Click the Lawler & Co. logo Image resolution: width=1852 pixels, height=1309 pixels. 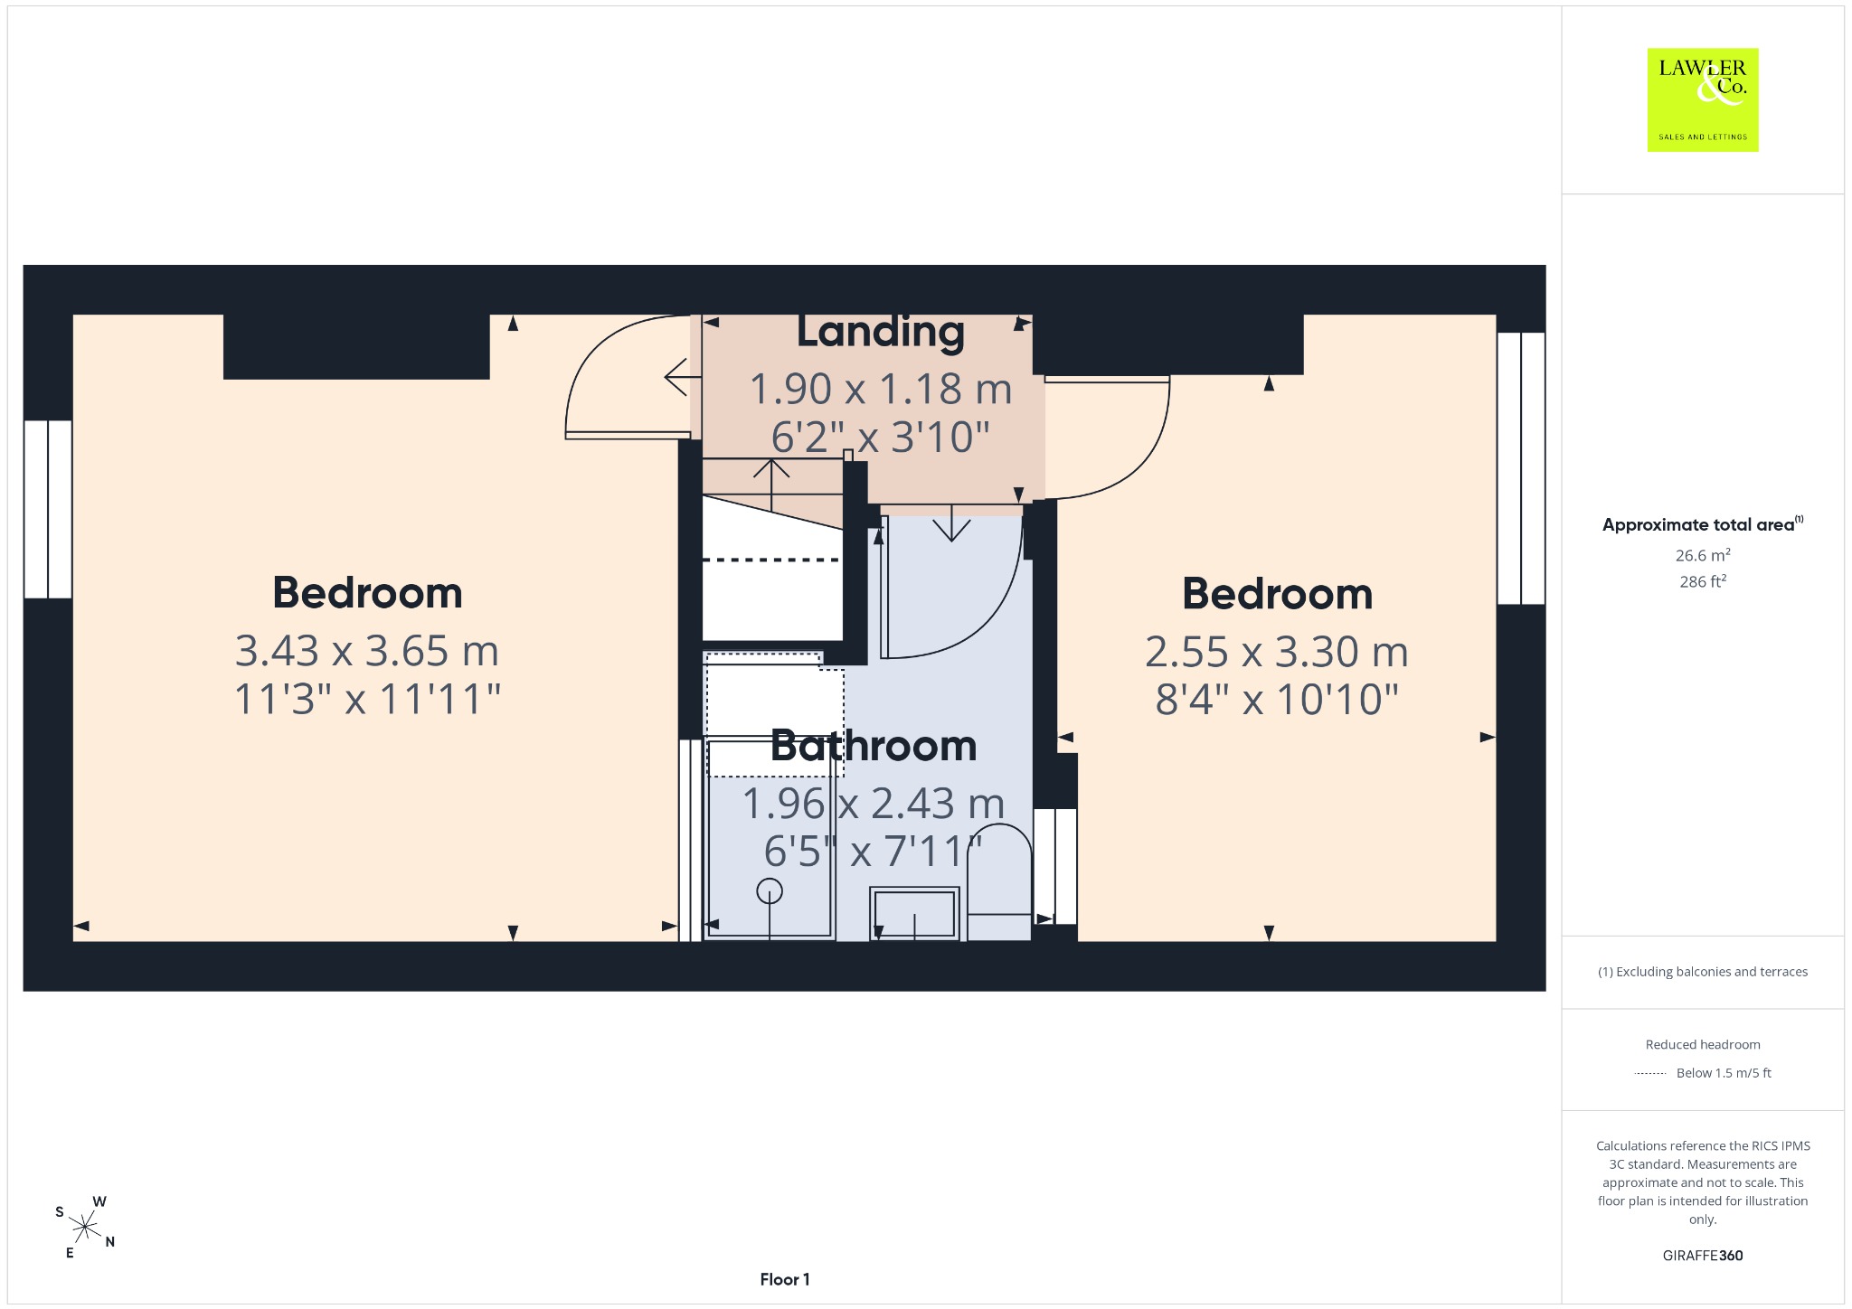[x=1702, y=99]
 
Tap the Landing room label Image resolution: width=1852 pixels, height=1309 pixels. [x=880, y=332]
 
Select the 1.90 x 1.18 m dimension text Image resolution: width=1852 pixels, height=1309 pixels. [x=880, y=389]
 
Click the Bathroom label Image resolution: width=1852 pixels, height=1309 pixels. [x=874, y=746]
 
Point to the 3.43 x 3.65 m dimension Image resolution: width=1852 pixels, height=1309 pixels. [x=367, y=650]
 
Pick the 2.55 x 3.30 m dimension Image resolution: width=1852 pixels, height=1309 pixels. [x=1277, y=651]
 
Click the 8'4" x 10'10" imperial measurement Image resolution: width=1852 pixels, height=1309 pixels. [x=1277, y=699]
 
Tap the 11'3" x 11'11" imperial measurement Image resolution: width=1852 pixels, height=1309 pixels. [x=367, y=699]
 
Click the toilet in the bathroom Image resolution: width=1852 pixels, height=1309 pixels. [x=999, y=881]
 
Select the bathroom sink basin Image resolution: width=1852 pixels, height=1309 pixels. [x=914, y=913]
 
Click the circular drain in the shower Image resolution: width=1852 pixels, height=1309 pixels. [x=770, y=891]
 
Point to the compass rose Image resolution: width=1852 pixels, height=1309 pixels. [x=84, y=1227]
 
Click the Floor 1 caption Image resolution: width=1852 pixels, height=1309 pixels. [x=785, y=1279]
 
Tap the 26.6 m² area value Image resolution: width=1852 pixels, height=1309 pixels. [x=1703, y=555]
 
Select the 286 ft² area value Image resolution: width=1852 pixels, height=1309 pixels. [x=1703, y=581]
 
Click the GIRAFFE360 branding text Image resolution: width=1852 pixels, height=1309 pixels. [x=1703, y=1255]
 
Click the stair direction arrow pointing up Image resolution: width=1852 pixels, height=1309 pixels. [x=771, y=486]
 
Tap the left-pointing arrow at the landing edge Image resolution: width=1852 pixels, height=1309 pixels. [x=683, y=377]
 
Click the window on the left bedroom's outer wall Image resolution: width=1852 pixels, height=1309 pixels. [x=48, y=509]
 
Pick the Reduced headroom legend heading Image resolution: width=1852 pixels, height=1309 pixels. [x=1703, y=1044]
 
